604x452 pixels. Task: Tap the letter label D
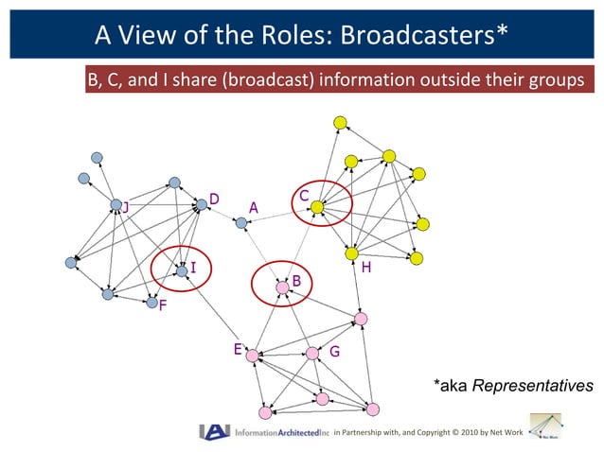[215, 200]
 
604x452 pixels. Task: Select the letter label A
[253, 206]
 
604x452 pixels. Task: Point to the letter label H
[365, 269]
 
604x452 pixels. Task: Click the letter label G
[334, 352]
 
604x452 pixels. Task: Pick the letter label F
[163, 306]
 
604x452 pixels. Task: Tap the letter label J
[125, 207]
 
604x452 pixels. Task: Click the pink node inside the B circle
[282, 287]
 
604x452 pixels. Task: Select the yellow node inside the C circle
[318, 206]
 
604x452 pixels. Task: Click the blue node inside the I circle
[181, 272]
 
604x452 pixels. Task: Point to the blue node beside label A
[241, 223]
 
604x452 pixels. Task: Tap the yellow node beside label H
[352, 253]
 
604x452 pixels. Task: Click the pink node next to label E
[252, 356]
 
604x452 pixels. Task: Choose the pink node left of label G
[312, 354]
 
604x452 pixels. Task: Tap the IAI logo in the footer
[215, 432]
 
